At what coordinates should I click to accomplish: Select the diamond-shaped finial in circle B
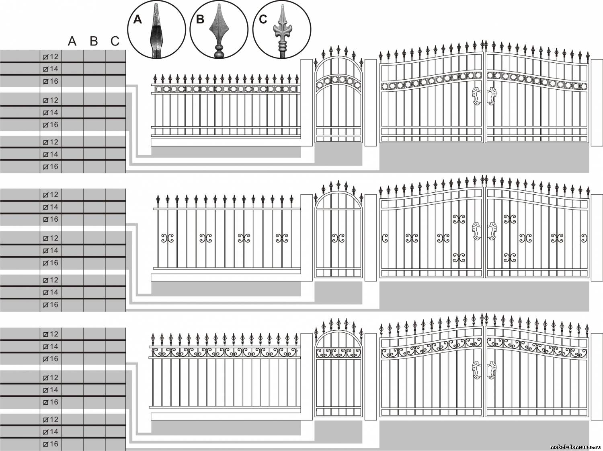coord(219,30)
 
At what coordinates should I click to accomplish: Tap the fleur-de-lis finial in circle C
coord(282,32)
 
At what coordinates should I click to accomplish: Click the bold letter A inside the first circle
coord(137,20)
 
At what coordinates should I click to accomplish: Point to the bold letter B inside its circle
coord(200,20)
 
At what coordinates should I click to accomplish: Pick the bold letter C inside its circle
coord(263,20)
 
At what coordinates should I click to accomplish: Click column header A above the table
coord(72,41)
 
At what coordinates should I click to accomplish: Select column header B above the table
coord(94,41)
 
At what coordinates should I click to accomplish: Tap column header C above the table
coord(115,41)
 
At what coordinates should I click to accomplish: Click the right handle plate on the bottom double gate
coord(492,370)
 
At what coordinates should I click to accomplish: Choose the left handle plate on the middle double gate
coord(476,231)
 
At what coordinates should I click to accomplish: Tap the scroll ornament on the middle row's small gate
coord(338,238)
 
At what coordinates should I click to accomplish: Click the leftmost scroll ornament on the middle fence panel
coord(167,238)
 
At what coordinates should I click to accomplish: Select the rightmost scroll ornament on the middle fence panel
coord(282,238)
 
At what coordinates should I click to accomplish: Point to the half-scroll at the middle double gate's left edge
coord(385,238)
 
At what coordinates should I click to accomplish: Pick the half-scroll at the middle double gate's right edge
coord(583,238)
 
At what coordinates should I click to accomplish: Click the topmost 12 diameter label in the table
coord(51,57)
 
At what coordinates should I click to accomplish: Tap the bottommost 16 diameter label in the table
coord(51,444)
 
